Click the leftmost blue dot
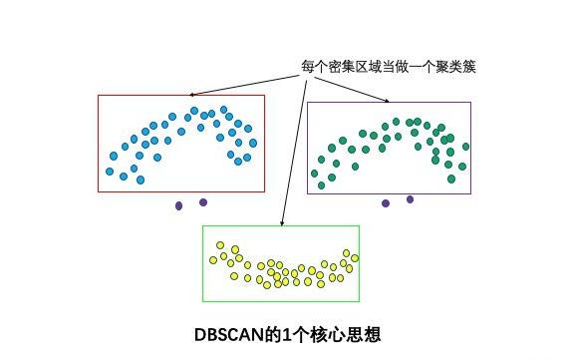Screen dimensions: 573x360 [x=110, y=172]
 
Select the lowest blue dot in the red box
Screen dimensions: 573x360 [x=140, y=180]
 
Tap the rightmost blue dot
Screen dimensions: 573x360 [x=248, y=158]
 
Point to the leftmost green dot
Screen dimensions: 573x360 [x=315, y=174]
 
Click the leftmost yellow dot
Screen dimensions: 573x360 [x=212, y=259]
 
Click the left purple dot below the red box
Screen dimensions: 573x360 [x=179, y=206]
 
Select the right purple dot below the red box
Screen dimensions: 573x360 [x=203, y=202]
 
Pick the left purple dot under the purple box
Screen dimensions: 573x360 [x=386, y=203]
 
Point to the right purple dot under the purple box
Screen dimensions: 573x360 [x=410, y=199]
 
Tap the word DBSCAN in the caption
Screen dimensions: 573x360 [x=227, y=334]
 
